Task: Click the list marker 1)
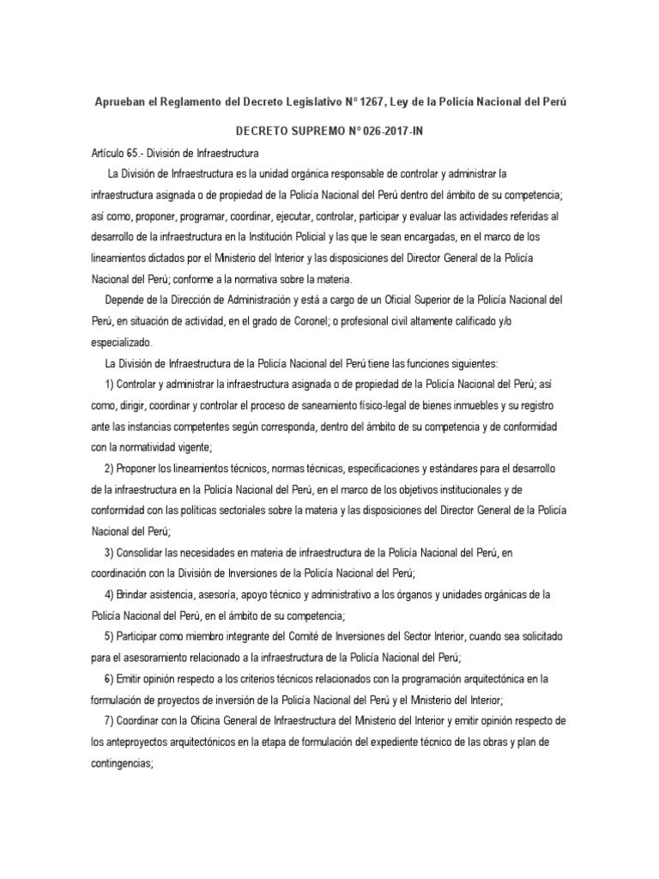click(x=112, y=384)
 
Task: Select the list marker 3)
click(x=112, y=551)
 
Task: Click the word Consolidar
click(x=151, y=551)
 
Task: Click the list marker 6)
click(x=112, y=677)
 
